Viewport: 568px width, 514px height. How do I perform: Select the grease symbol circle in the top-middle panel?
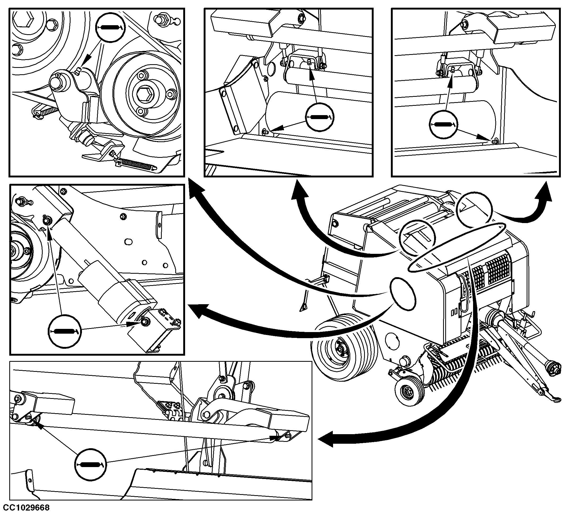click(x=320, y=117)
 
